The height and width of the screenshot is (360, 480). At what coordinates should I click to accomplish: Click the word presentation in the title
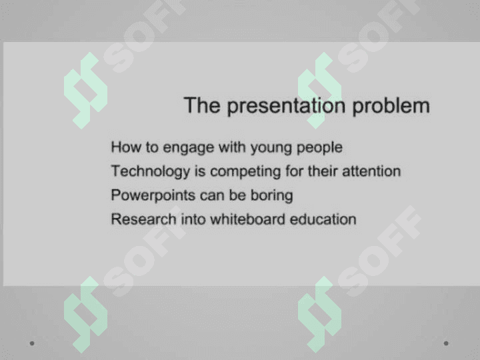(x=286, y=106)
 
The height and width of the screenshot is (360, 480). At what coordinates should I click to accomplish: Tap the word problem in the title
(x=391, y=106)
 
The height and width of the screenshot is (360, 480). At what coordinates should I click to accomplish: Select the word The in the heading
(x=202, y=105)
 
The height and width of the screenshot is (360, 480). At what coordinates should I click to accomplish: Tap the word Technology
(x=150, y=171)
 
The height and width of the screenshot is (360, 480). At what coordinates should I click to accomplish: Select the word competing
(x=245, y=172)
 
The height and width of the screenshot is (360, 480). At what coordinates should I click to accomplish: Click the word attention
(x=371, y=171)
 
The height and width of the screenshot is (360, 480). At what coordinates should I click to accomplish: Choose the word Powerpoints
(x=153, y=195)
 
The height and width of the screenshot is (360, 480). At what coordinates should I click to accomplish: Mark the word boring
(x=272, y=195)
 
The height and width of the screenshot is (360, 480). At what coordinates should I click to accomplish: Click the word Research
(x=143, y=219)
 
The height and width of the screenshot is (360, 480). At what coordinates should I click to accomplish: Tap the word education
(x=323, y=219)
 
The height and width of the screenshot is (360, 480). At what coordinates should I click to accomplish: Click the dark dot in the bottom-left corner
(x=32, y=343)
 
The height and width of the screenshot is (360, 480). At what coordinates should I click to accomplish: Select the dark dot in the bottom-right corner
(x=446, y=343)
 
